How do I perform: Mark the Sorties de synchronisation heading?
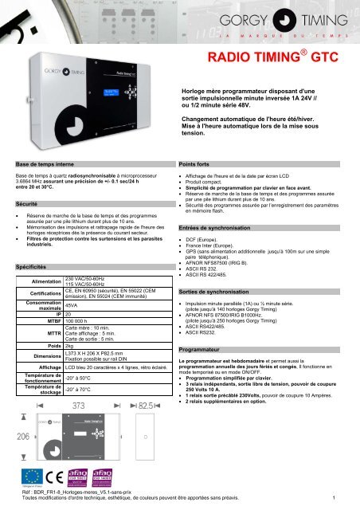[221, 292]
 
